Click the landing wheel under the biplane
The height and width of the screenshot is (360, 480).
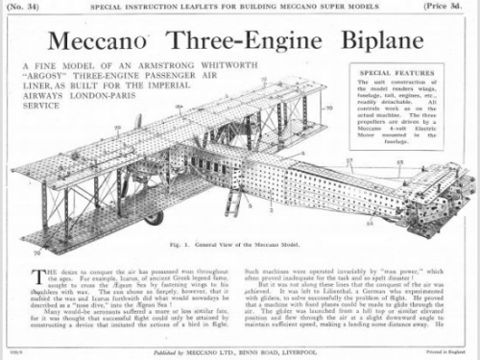155,218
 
